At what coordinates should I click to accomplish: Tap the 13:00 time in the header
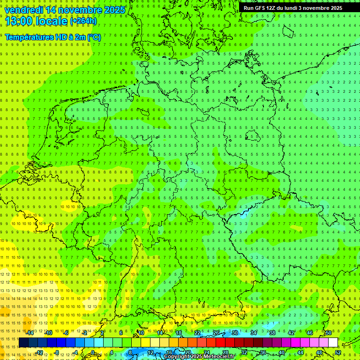tap(19, 21)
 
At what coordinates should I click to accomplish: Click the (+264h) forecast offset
tap(83, 21)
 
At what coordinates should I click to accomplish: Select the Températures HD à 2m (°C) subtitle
tap(53, 37)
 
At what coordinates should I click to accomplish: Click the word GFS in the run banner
tap(261, 8)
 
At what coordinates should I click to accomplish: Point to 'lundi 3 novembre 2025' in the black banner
tap(316, 8)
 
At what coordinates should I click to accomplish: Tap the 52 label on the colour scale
tap(338, 352)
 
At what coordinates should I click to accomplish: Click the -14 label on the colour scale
tap(30, 333)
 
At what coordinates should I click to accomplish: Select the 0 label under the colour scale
tap(93, 352)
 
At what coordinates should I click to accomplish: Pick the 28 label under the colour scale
tap(225, 352)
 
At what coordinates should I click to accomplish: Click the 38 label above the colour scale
tap(272, 333)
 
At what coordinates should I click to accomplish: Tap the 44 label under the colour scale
tap(300, 352)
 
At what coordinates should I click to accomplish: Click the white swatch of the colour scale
tap(333, 343)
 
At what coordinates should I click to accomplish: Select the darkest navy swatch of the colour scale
tap(23, 343)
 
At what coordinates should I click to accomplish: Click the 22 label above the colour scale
tap(197, 333)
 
